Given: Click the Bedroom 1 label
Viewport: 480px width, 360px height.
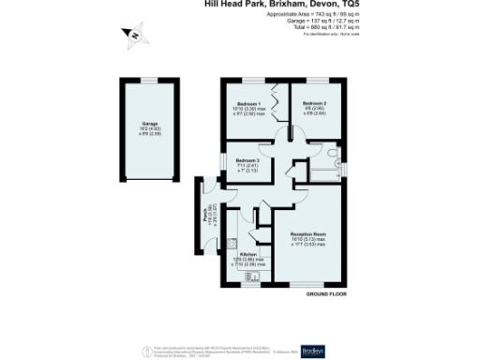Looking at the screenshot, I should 248,103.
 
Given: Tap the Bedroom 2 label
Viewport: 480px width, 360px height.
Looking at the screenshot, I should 316,103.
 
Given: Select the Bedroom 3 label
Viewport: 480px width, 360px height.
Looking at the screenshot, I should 247,160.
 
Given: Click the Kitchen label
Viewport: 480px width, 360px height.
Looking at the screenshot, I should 247,254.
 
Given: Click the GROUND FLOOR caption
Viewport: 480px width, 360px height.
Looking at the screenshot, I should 327,294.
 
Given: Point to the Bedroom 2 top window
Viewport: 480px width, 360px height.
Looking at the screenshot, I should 316,81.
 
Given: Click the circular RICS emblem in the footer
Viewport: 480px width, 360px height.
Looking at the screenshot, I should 144,350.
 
